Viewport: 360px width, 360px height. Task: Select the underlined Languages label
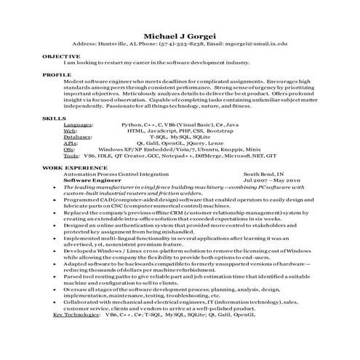[x=79, y=124]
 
